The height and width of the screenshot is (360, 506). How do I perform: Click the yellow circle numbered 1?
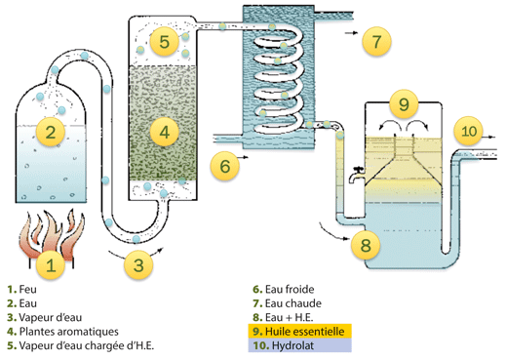point(51,264)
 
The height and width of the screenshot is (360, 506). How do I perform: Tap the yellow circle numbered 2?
point(51,132)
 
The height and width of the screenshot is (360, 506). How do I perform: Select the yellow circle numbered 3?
point(138,264)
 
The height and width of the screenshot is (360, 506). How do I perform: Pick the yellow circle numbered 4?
point(165,132)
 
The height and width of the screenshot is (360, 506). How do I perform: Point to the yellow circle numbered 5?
point(165,41)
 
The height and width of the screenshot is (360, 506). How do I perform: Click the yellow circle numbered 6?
point(225,166)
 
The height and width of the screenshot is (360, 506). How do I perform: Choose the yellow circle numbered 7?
point(376,41)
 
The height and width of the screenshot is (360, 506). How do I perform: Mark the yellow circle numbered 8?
point(366,245)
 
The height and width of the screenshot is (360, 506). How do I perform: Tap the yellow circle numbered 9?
point(404,103)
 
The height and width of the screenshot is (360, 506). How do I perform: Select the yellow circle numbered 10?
point(468,131)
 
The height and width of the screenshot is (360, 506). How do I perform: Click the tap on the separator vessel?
point(357,175)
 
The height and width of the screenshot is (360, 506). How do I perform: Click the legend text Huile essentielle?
point(304,332)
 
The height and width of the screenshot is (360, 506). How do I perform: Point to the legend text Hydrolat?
point(292,345)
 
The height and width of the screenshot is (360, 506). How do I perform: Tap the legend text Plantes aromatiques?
point(69,332)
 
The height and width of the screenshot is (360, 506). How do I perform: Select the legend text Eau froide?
point(290,289)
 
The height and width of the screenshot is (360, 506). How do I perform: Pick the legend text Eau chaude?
point(293,303)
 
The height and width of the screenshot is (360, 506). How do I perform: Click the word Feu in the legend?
point(28,289)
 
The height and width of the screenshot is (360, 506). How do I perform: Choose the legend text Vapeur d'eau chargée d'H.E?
point(87,345)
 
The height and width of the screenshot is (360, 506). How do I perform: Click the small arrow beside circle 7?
point(351,33)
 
